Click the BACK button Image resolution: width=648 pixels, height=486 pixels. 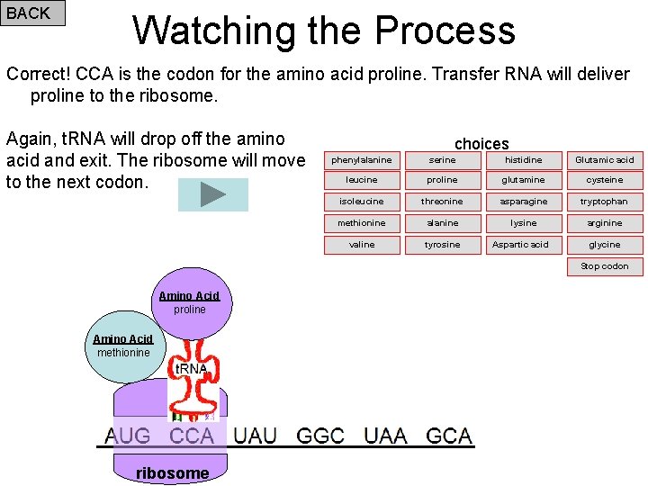[x=32, y=13]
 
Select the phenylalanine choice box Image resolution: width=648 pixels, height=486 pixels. [x=362, y=160]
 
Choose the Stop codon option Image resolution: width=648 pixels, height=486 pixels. [x=605, y=266]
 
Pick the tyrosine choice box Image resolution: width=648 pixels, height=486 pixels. [x=443, y=245]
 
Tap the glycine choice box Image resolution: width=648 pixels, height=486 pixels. [x=605, y=245]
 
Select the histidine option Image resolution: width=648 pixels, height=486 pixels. [x=524, y=160]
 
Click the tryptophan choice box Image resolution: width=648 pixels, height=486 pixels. [x=605, y=202]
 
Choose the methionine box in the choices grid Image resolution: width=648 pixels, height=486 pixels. [x=362, y=223]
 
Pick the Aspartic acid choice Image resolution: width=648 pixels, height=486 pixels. [x=524, y=245]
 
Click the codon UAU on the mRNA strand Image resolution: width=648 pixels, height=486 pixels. [x=255, y=436]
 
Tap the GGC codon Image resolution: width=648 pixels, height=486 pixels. [x=319, y=436]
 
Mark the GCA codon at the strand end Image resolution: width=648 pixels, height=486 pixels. [x=448, y=436]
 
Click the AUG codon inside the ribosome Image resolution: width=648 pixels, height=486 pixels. [x=128, y=436]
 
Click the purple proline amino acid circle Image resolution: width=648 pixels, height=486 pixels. [x=190, y=302]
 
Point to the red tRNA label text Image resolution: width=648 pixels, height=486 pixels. [x=191, y=369]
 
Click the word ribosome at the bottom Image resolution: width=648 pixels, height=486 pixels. [x=172, y=473]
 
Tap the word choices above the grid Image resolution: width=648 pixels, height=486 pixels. [x=481, y=144]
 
